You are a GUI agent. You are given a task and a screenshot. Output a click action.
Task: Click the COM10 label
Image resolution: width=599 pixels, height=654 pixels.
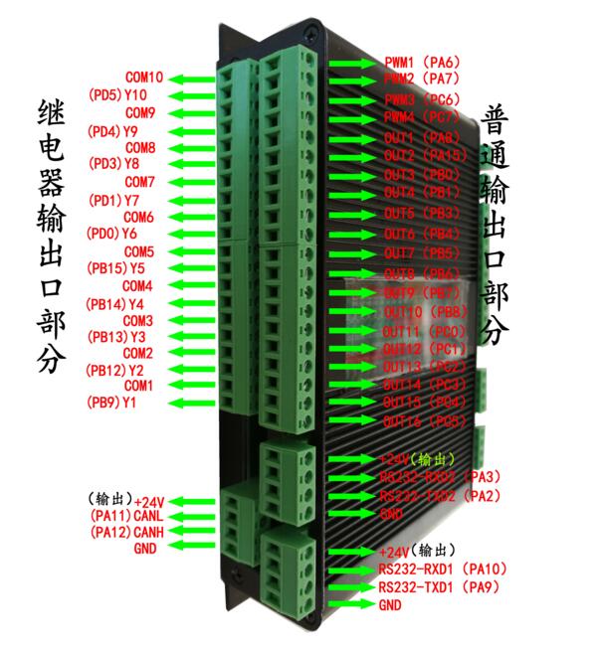pyautogui.click(x=144, y=77)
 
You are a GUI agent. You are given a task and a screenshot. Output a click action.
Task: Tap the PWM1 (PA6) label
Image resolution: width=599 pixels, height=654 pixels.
pyautogui.click(x=422, y=62)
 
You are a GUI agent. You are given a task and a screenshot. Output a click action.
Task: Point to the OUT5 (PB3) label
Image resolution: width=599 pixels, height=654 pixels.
pyautogui.click(x=422, y=214)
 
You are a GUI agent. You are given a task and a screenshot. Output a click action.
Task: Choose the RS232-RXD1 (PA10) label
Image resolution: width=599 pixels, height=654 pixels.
pyautogui.click(x=443, y=570)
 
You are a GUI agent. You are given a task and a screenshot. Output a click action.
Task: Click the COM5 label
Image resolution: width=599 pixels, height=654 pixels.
pyautogui.click(x=138, y=250)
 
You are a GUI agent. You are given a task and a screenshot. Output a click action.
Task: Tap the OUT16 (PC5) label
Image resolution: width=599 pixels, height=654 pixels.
pyautogui.click(x=425, y=420)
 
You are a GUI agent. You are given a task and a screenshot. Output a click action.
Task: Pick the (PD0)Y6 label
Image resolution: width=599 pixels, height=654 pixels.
pyautogui.click(x=113, y=234)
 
